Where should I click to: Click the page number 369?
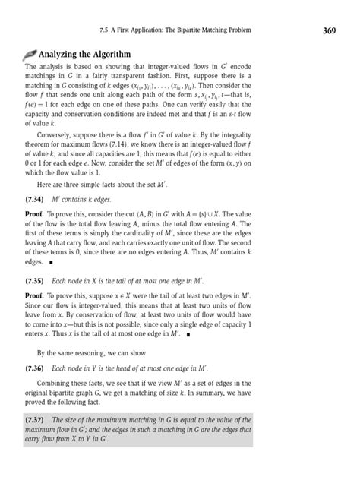point(330,30)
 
